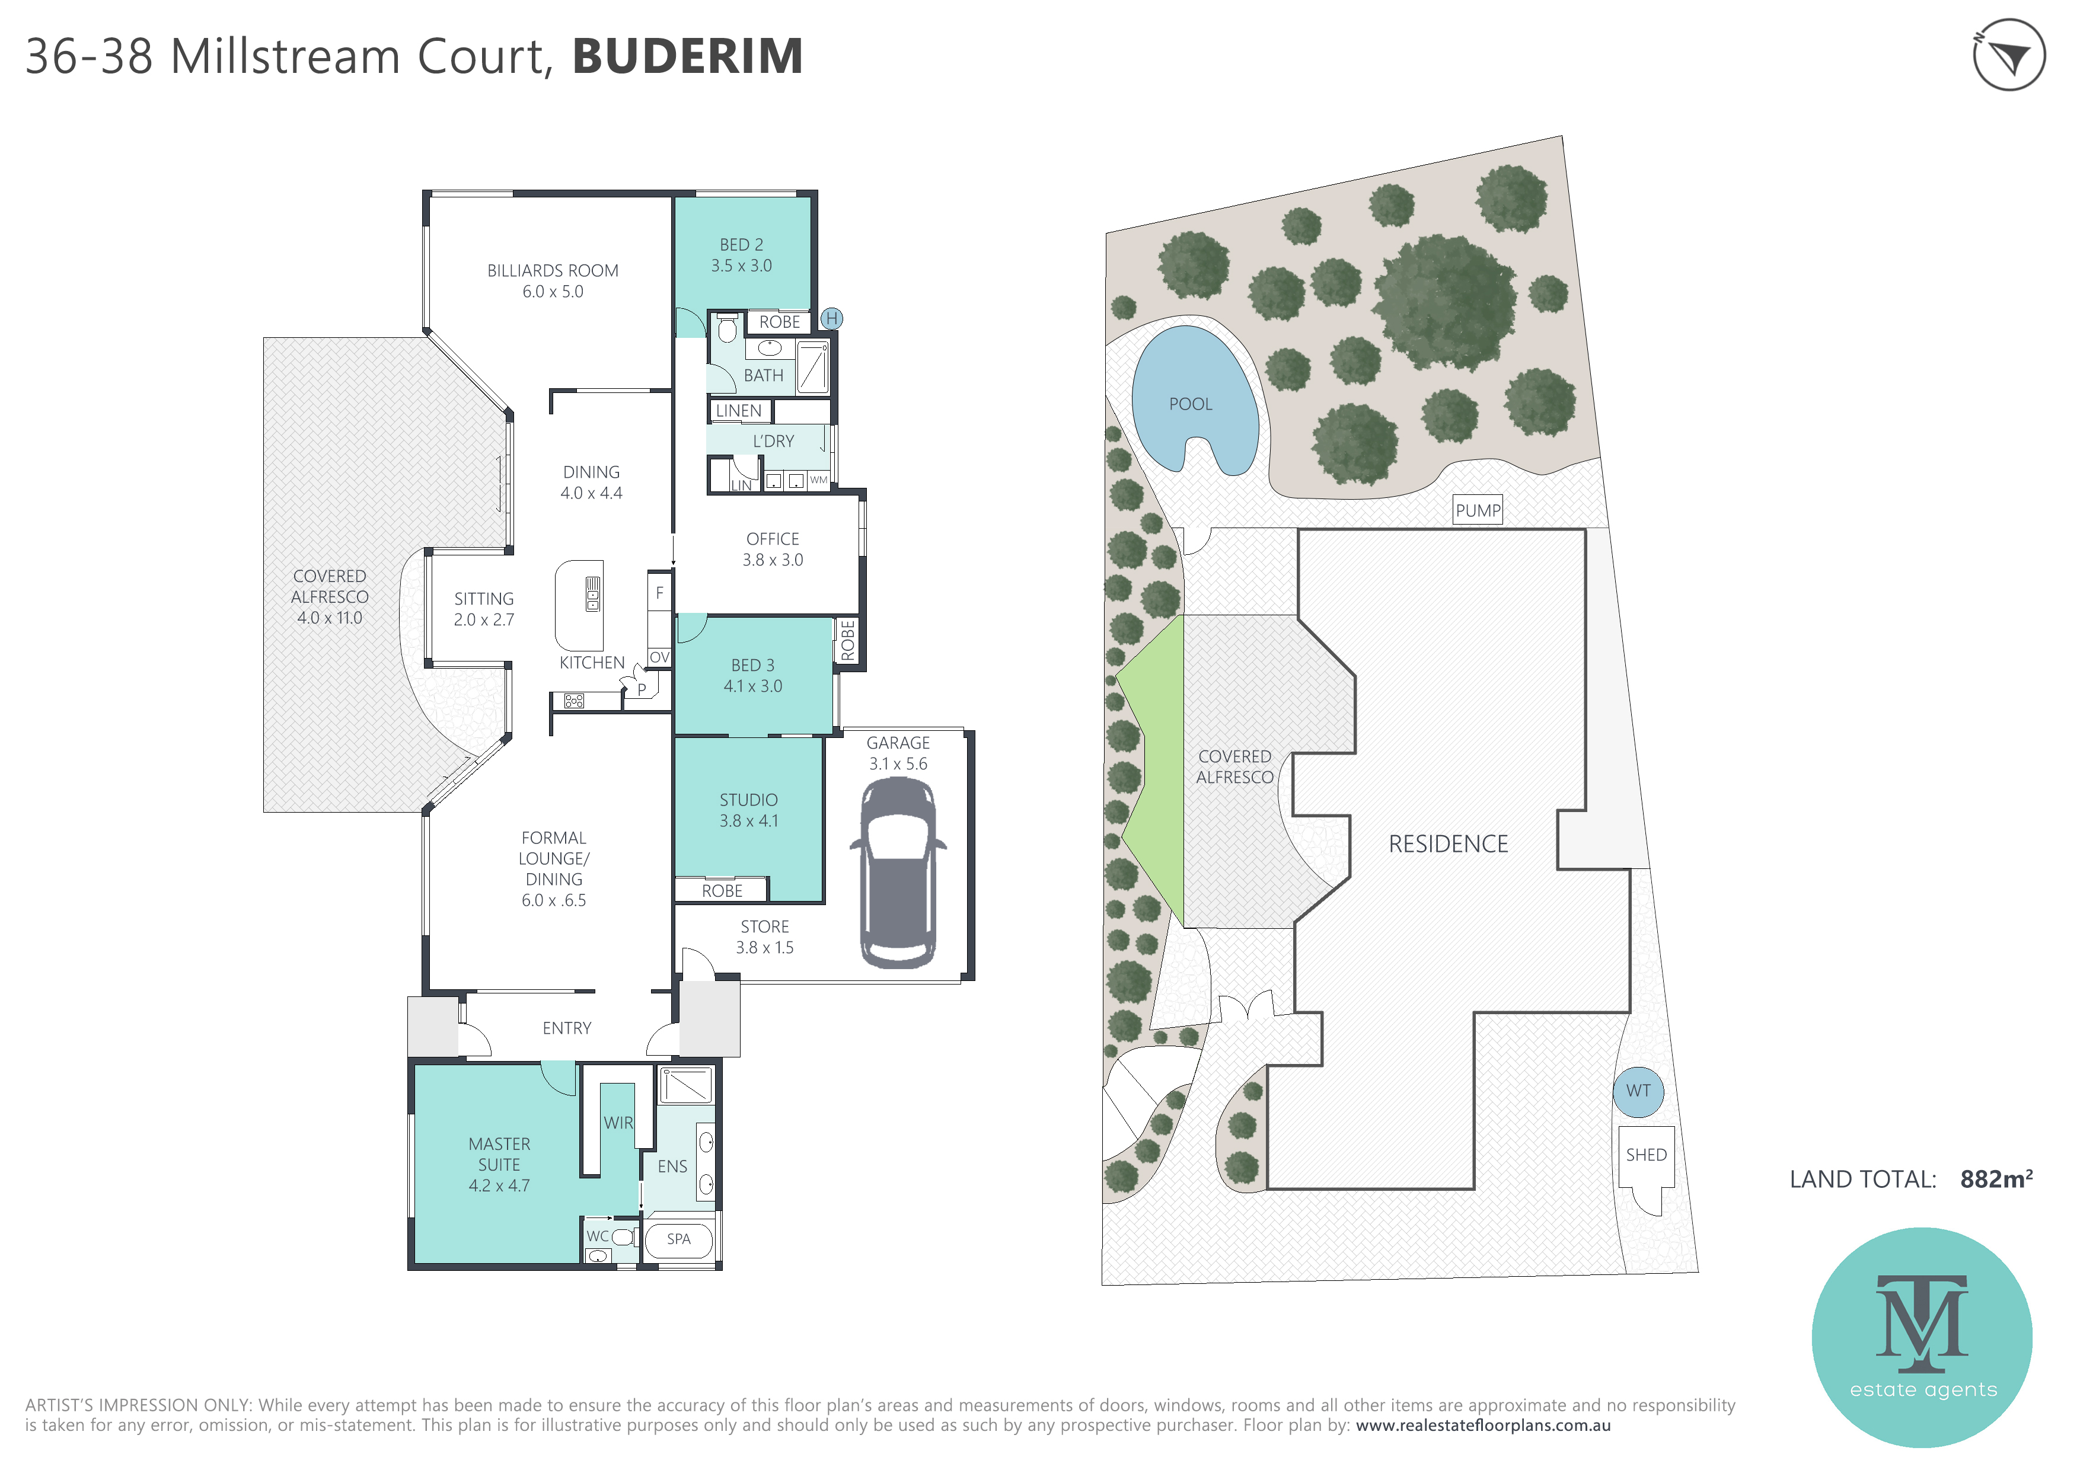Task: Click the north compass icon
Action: click(2008, 55)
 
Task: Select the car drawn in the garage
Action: click(898, 874)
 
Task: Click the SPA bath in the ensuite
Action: click(678, 1239)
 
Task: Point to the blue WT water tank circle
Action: click(1638, 1091)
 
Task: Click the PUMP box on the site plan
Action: click(1478, 510)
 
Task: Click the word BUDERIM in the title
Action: click(688, 56)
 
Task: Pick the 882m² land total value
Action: click(1996, 1180)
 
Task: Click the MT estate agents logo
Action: click(1922, 1337)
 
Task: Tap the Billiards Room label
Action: click(553, 271)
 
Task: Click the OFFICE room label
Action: click(773, 539)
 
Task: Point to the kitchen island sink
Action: click(592, 594)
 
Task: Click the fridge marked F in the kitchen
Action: click(659, 593)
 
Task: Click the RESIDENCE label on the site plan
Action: click(1448, 844)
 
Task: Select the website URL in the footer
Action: click(1483, 1425)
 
